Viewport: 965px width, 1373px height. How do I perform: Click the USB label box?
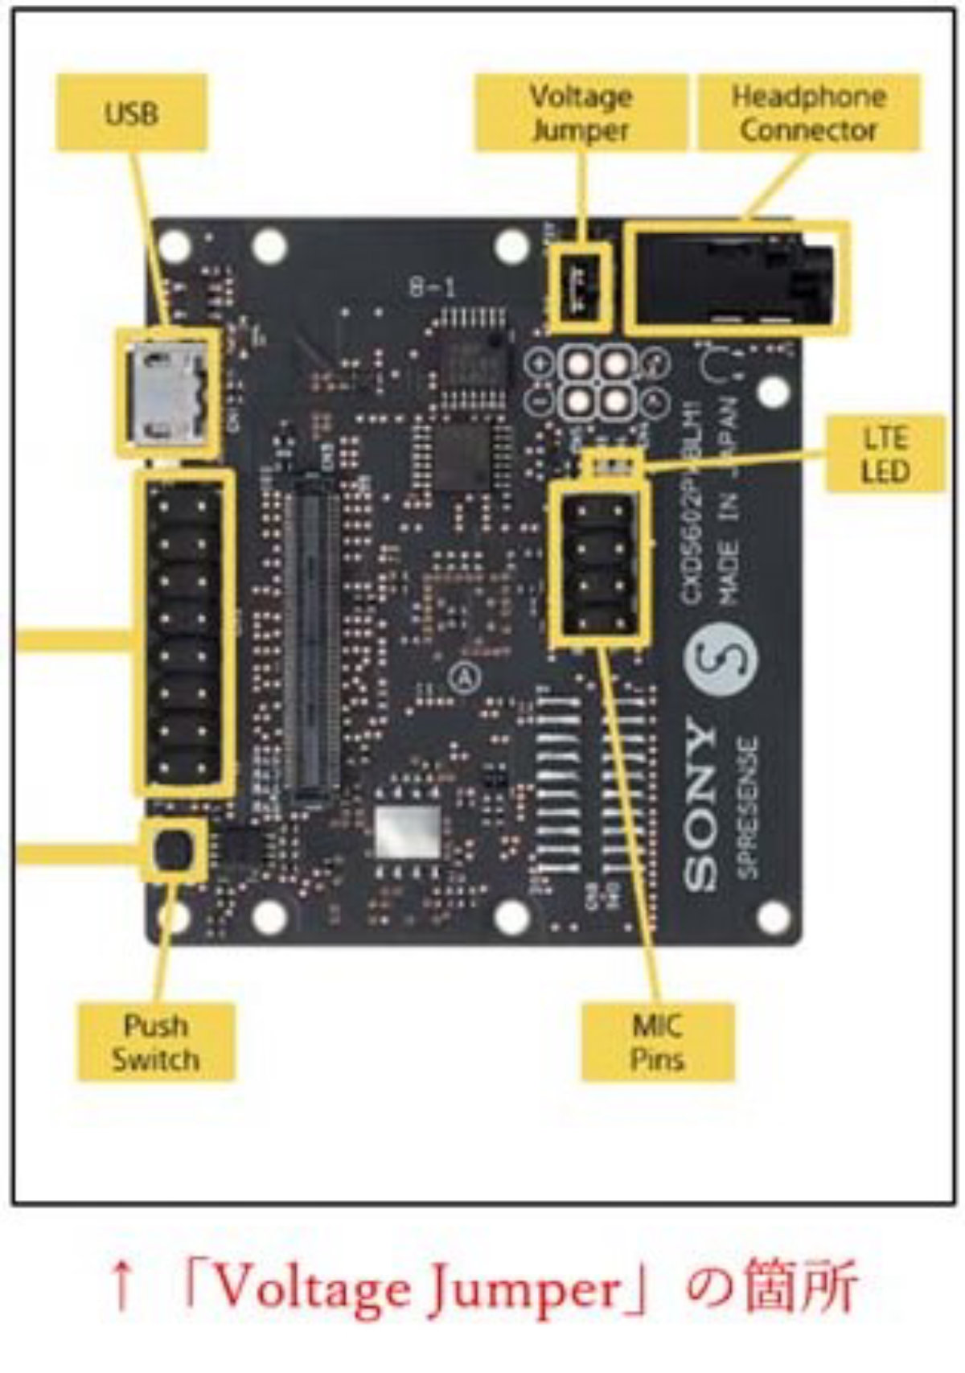click(x=131, y=113)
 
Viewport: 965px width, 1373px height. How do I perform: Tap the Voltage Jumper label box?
click(x=581, y=113)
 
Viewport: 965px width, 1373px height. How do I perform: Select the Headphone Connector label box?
click(x=808, y=113)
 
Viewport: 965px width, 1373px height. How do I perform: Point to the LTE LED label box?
click(x=885, y=454)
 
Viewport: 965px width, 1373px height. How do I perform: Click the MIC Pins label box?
click(x=657, y=1042)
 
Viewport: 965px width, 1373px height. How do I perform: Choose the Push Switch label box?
click(x=155, y=1042)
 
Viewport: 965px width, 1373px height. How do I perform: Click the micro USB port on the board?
click(x=167, y=392)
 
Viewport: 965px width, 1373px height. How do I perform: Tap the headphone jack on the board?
click(x=736, y=277)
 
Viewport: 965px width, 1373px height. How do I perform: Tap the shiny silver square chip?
click(x=408, y=832)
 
